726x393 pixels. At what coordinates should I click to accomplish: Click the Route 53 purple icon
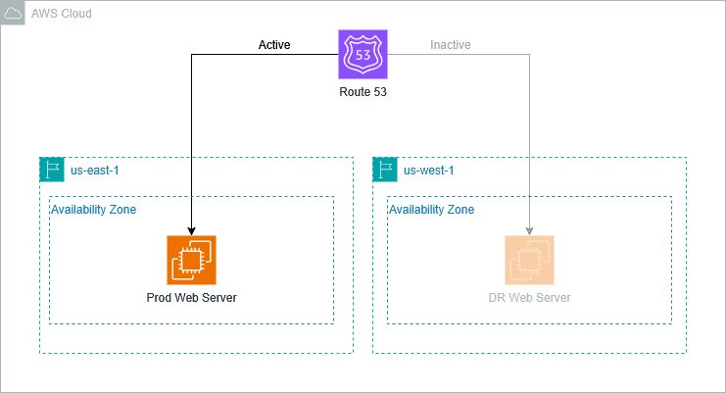363,54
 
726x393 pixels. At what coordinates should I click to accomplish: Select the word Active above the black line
274,45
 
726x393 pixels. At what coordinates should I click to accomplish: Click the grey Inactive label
451,45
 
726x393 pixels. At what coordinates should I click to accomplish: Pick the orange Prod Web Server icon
191,260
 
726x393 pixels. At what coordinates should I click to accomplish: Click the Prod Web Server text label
191,298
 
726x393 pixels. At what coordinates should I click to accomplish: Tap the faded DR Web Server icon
529,260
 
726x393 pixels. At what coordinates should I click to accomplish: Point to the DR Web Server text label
529,298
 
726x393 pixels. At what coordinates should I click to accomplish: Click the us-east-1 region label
95,171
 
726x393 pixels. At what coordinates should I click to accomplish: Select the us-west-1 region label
428,171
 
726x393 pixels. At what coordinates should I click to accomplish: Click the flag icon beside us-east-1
51,170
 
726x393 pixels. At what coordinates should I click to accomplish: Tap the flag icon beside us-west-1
384,170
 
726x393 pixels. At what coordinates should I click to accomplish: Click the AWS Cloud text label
62,13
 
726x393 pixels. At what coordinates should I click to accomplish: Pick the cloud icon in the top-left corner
13,13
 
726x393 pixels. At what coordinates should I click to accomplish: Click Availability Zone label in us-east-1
93,210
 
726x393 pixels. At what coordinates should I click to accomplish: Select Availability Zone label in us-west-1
431,210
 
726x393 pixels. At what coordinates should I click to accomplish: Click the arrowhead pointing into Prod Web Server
191,229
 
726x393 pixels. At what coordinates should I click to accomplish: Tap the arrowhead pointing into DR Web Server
529,229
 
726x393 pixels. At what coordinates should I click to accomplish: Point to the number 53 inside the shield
363,53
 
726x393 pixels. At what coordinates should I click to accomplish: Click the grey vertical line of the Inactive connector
529,137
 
